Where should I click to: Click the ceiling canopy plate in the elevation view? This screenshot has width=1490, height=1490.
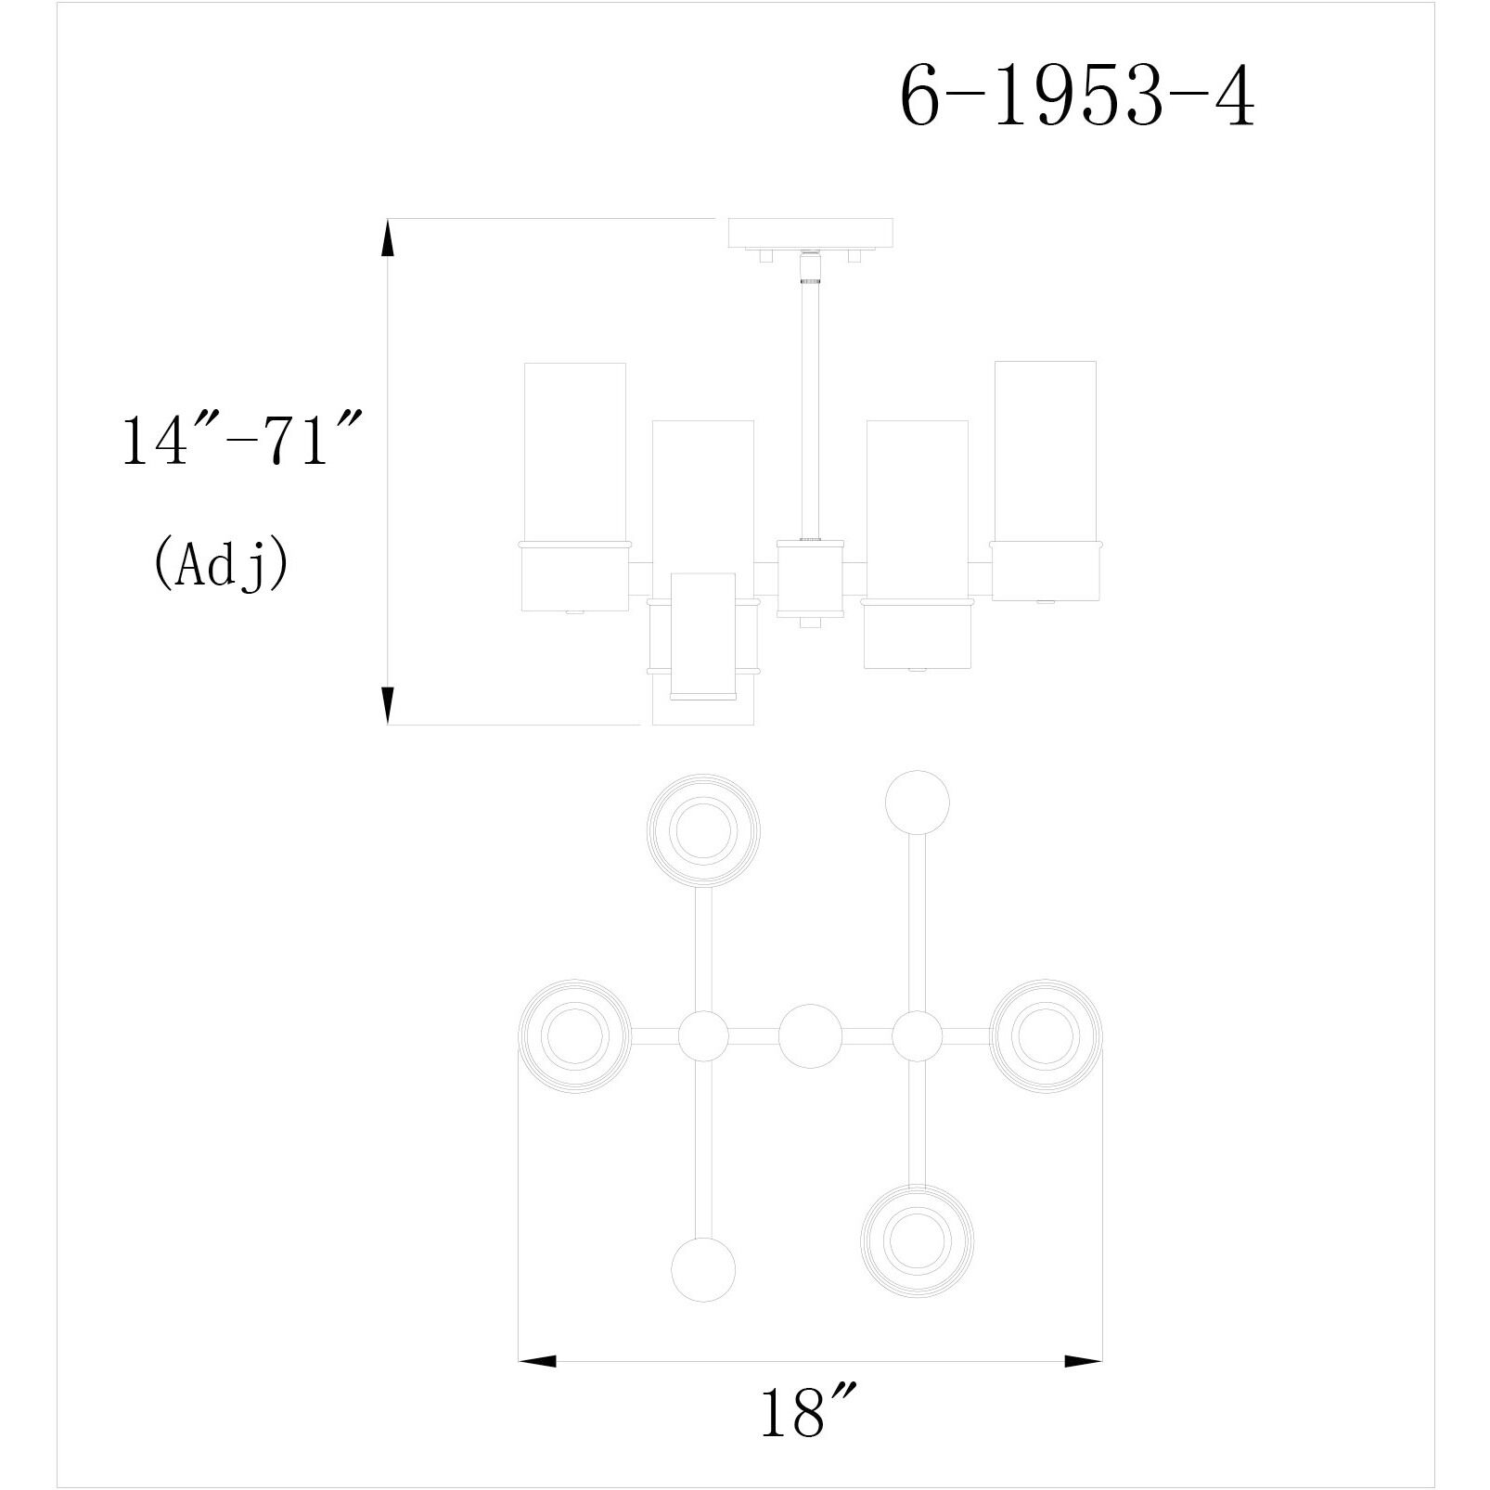click(x=812, y=232)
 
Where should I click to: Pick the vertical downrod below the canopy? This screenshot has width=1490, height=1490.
click(x=810, y=408)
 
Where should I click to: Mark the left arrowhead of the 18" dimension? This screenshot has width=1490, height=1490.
click(x=537, y=1361)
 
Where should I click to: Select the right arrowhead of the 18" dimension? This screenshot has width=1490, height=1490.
click(x=1083, y=1361)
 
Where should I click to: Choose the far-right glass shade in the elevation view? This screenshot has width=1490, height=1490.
click(x=1045, y=451)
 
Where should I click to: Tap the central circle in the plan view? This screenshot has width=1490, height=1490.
click(x=810, y=1035)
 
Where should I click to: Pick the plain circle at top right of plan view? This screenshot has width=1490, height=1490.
click(x=918, y=802)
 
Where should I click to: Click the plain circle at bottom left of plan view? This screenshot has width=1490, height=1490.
click(x=702, y=1270)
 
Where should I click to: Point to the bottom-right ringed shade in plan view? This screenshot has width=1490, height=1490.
click(x=917, y=1241)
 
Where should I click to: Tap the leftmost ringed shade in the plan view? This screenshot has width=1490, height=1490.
click(x=573, y=1035)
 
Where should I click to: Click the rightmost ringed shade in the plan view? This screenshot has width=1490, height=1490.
click(x=1046, y=1035)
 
